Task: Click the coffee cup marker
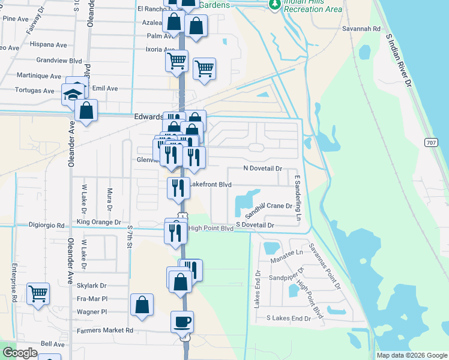(x=182, y=322)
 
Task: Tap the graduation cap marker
(x=73, y=95)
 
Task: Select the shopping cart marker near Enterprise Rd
(x=38, y=293)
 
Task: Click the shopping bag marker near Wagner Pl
(x=142, y=305)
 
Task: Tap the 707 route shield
(x=432, y=142)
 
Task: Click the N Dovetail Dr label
(x=262, y=170)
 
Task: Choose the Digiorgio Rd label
(x=46, y=226)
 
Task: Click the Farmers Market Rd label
(x=105, y=330)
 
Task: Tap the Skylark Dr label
(x=92, y=286)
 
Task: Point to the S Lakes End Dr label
(x=289, y=317)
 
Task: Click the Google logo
(x=20, y=353)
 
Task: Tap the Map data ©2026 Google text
(x=412, y=355)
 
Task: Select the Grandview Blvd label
(x=59, y=61)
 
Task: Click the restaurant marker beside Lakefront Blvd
(x=178, y=188)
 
